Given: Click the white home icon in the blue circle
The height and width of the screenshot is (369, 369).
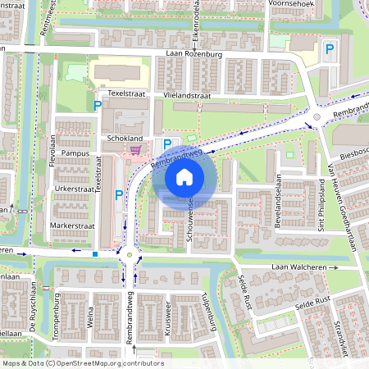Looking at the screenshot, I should (184, 176).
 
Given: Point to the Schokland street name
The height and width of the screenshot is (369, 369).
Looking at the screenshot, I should (125, 139).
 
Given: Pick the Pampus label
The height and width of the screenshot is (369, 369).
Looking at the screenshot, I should (75, 153).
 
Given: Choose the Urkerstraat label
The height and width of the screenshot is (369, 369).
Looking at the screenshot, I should (72, 188).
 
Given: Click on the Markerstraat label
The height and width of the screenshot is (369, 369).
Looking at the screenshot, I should (72, 224).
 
